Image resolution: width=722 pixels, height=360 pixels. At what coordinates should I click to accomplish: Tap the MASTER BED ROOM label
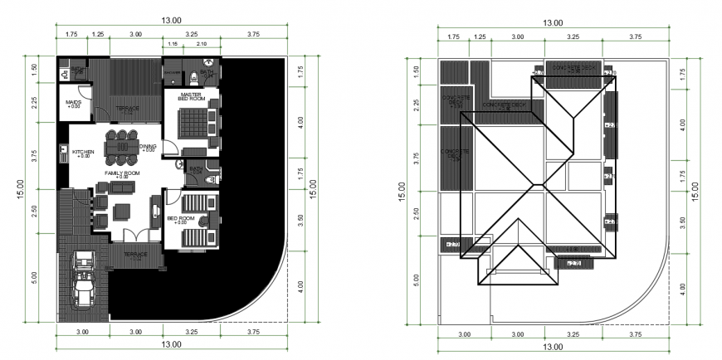tap(191, 99)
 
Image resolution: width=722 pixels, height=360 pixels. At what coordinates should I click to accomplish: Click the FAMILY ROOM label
tap(122, 173)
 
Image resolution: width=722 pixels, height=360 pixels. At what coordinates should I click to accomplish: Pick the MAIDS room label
tap(73, 104)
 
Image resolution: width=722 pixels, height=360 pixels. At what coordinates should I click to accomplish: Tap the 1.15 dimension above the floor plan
tap(173, 43)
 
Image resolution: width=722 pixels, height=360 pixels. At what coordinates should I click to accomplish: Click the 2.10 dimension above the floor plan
tap(201, 43)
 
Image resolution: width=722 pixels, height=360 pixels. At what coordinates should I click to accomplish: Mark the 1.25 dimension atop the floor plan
tap(98, 34)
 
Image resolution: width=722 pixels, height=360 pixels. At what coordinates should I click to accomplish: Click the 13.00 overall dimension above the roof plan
tap(552, 22)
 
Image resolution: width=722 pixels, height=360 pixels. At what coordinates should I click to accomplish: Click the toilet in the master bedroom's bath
tap(193, 78)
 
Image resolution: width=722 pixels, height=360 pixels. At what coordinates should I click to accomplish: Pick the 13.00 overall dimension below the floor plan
tap(171, 344)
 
